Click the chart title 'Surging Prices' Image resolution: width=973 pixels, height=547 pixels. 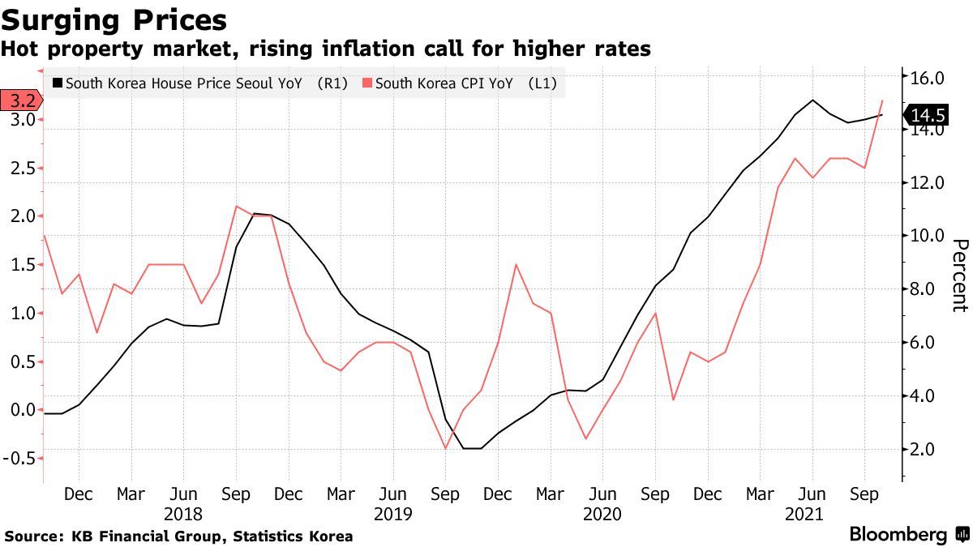pyautogui.click(x=114, y=19)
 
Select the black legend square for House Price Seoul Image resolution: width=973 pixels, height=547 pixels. pyautogui.click(x=56, y=83)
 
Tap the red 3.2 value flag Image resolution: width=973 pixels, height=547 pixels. pyautogui.click(x=19, y=101)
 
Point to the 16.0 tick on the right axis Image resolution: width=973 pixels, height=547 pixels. pyautogui.click(x=928, y=79)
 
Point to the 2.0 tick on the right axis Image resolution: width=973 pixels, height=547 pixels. pyautogui.click(x=928, y=450)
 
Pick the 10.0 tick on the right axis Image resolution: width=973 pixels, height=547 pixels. pyautogui.click(x=928, y=236)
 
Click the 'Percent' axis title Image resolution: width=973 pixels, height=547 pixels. pyautogui.click(x=959, y=276)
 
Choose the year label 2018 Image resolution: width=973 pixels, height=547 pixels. pyautogui.click(x=183, y=514)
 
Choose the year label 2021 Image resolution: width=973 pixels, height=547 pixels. pyautogui.click(x=804, y=514)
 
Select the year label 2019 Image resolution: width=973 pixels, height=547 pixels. pyautogui.click(x=393, y=514)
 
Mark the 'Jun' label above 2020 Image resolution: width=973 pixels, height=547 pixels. pyautogui.click(x=602, y=494)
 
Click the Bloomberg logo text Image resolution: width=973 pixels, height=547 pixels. pyautogui.click(x=898, y=535)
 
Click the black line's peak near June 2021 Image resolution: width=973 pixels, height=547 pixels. pyautogui.click(x=812, y=100)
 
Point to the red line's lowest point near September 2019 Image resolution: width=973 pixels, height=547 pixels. pyautogui.click(x=445, y=448)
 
